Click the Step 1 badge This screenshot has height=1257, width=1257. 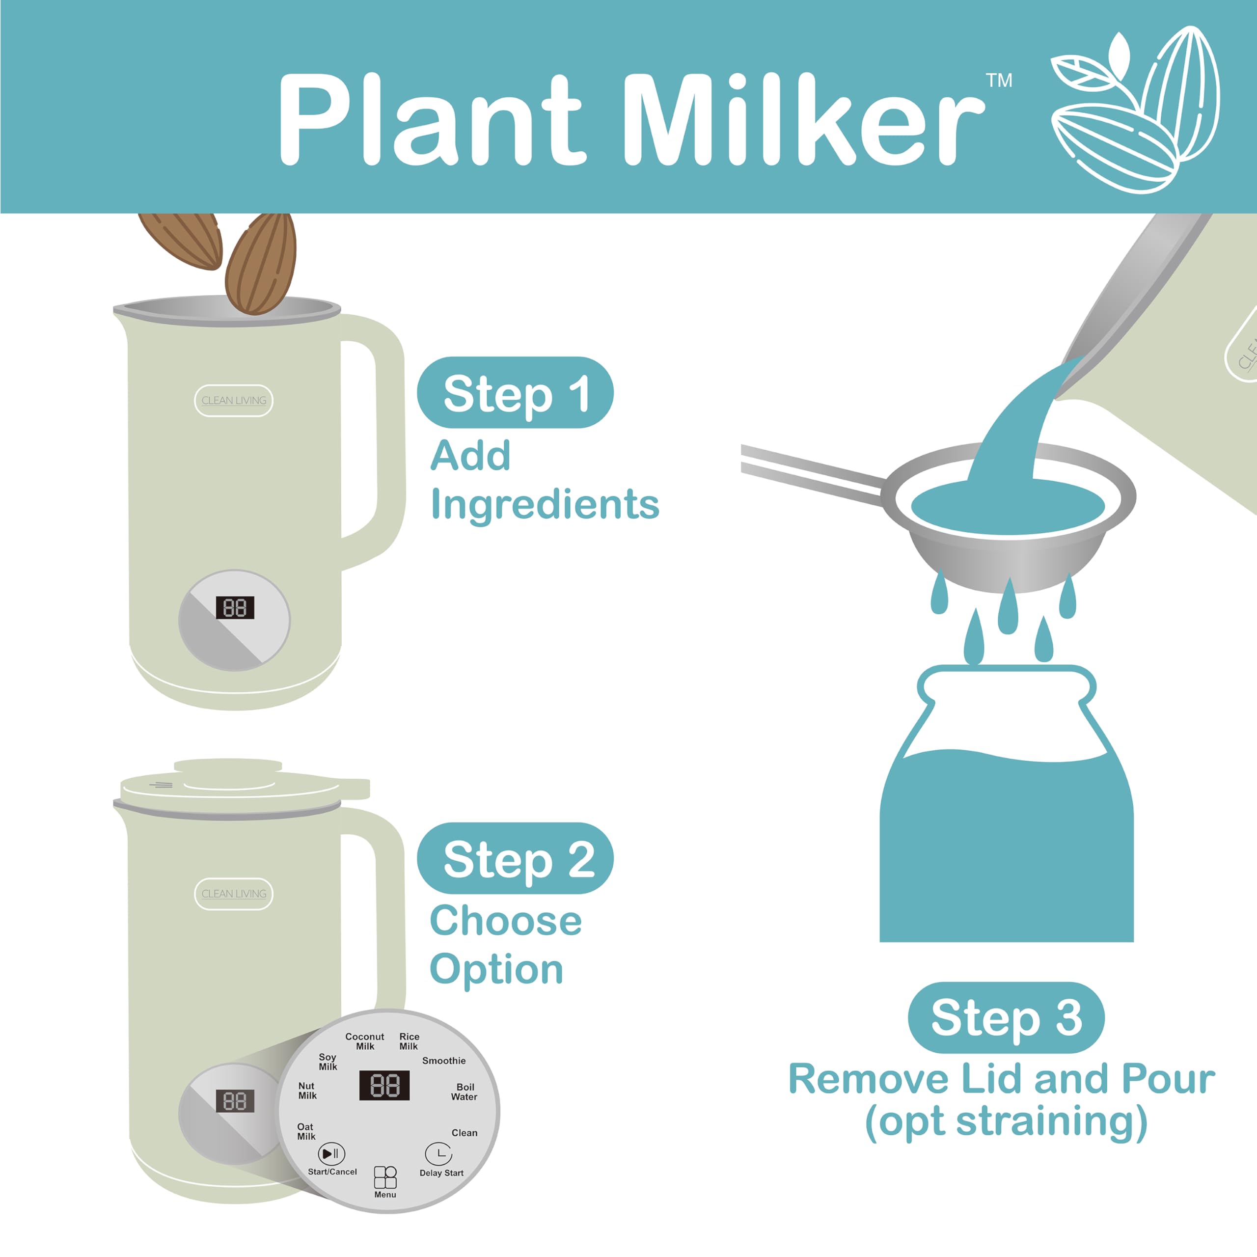tap(515, 392)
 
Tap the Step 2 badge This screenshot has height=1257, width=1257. tap(515, 858)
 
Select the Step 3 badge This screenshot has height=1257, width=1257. tap(1006, 1017)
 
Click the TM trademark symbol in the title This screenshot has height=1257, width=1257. tap(999, 80)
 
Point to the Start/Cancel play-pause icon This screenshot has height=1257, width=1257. tap(331, 1153)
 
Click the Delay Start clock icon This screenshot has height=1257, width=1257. tap(438, 1153)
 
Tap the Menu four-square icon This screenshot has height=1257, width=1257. tap(385, 1177)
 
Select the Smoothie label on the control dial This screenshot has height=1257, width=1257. tap(444, 1061)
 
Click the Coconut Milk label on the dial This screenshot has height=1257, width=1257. tap(364, 1041)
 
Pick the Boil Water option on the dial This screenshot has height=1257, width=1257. tap(465, 1092)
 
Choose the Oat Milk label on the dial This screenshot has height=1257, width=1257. tap(306, 1131)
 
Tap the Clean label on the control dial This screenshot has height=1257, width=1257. tap(465, 1133)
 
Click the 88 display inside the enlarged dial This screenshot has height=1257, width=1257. tap(384, 1085)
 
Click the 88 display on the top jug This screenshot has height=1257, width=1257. tap(235, 608)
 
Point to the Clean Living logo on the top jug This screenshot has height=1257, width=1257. tap(234, 400)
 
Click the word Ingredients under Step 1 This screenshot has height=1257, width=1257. tap(545, 504)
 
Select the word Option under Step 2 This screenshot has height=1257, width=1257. tap(496, 969)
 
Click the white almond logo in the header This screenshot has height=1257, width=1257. tap(1135, 110)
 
